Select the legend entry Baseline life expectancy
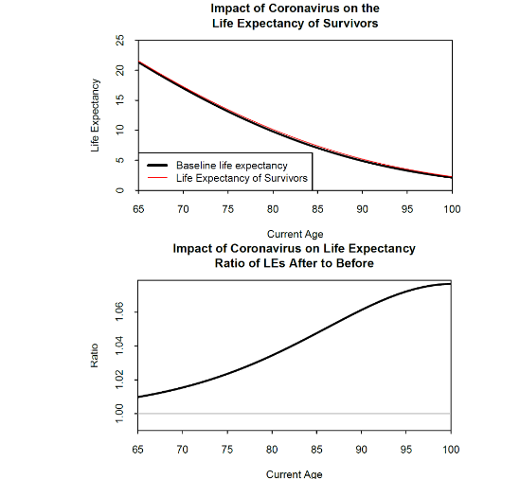click(231, 166)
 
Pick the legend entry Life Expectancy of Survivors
click(242, 178)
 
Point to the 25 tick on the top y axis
click(120, 40)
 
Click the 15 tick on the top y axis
click(120, 100)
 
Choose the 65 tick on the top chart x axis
click(137, 208)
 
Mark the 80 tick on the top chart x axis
click(272, 208)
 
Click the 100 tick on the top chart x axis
click(451, 208)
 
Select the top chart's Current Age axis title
click(294, 234)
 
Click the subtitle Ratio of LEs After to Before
click(294, 263)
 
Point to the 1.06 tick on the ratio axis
click(120, 312)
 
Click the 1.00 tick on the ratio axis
click(120, 414)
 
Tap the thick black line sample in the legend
click(156, 166)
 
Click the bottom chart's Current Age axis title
click(294, 473)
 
